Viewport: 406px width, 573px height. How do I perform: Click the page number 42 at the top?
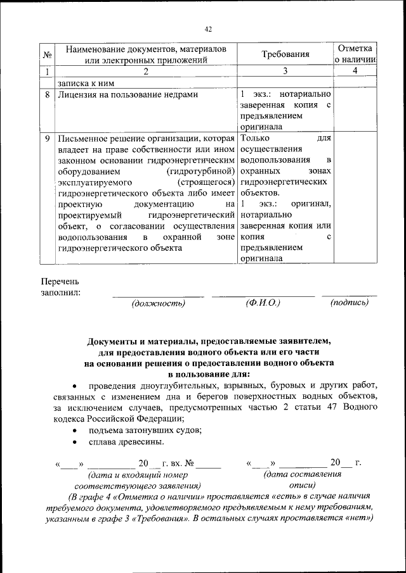[207, 29]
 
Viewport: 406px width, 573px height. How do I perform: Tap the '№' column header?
[47, 55]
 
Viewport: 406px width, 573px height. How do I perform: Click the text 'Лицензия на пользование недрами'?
[128, 95]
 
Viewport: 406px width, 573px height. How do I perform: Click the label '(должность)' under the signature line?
[158, 303]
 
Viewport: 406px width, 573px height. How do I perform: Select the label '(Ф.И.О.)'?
[263, 303]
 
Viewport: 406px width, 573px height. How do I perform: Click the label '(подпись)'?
[349, 303]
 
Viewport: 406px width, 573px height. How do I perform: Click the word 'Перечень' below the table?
[61, 281]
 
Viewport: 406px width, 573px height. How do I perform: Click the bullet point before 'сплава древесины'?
[75, 442]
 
